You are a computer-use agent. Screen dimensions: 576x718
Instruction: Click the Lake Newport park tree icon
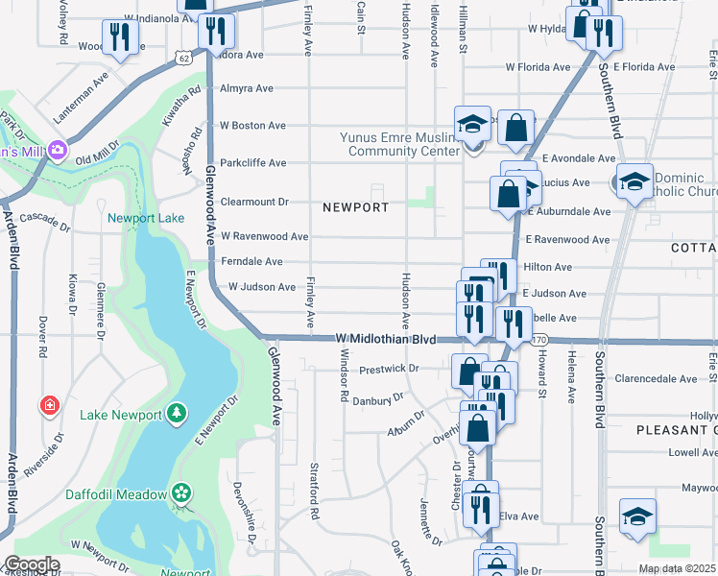point(176,413)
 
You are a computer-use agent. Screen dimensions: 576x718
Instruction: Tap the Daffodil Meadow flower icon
point(181,493)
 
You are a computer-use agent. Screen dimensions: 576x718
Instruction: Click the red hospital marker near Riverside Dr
point(49,406)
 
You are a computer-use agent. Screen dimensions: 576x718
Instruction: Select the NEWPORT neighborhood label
point(356,207)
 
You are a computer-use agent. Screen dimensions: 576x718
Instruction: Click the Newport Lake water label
point(145,218)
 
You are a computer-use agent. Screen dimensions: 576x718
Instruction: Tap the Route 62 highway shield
point(182,58)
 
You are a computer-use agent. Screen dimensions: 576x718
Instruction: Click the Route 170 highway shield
point(538,340)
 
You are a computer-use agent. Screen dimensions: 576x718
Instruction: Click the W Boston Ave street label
point(252,126)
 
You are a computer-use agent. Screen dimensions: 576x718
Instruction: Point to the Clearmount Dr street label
point(254,203)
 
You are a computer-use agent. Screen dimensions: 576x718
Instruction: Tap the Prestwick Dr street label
point(389,369)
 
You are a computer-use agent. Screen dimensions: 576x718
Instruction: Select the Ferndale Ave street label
point(251,261)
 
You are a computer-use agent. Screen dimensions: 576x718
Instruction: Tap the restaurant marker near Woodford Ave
point(120,36)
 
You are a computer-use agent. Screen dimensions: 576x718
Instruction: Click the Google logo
point(32,565)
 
